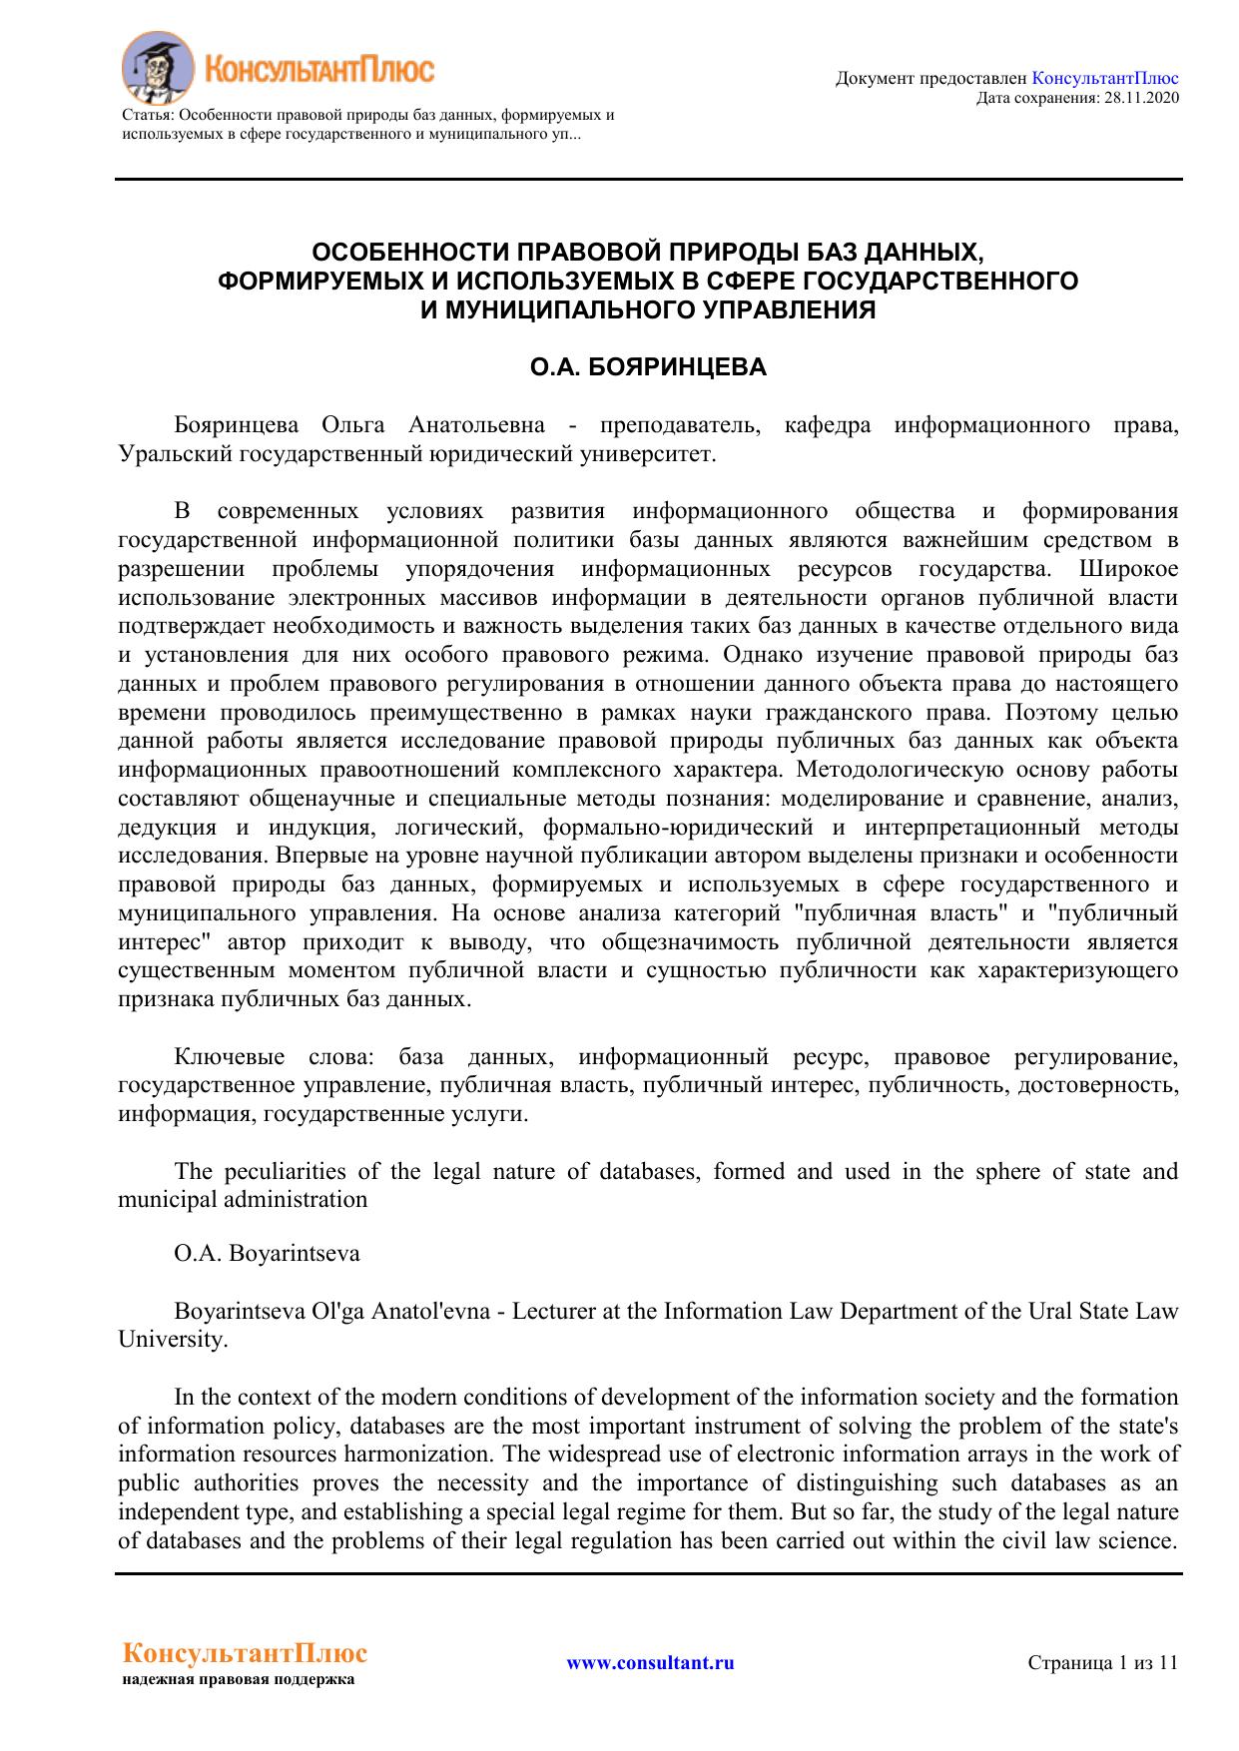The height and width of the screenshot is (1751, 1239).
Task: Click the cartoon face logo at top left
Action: (x=156, y=67)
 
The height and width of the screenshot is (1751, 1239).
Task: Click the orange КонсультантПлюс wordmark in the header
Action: (x=319, y=70)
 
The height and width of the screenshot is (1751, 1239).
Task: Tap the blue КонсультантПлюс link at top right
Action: (x=1104, y=78)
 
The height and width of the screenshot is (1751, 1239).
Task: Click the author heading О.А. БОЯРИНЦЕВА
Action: (x=648, y=367)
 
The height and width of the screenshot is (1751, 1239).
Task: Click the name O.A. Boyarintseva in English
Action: (x=267, y=1253)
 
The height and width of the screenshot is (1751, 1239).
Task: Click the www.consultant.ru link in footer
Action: (x=650, y=1663)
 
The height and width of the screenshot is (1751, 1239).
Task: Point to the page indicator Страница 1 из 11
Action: (x=1103, y=1663)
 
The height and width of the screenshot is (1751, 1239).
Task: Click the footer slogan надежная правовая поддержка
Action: (x=239, y=1680)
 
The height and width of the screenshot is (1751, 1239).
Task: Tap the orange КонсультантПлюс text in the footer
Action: (x=244, y=1654)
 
